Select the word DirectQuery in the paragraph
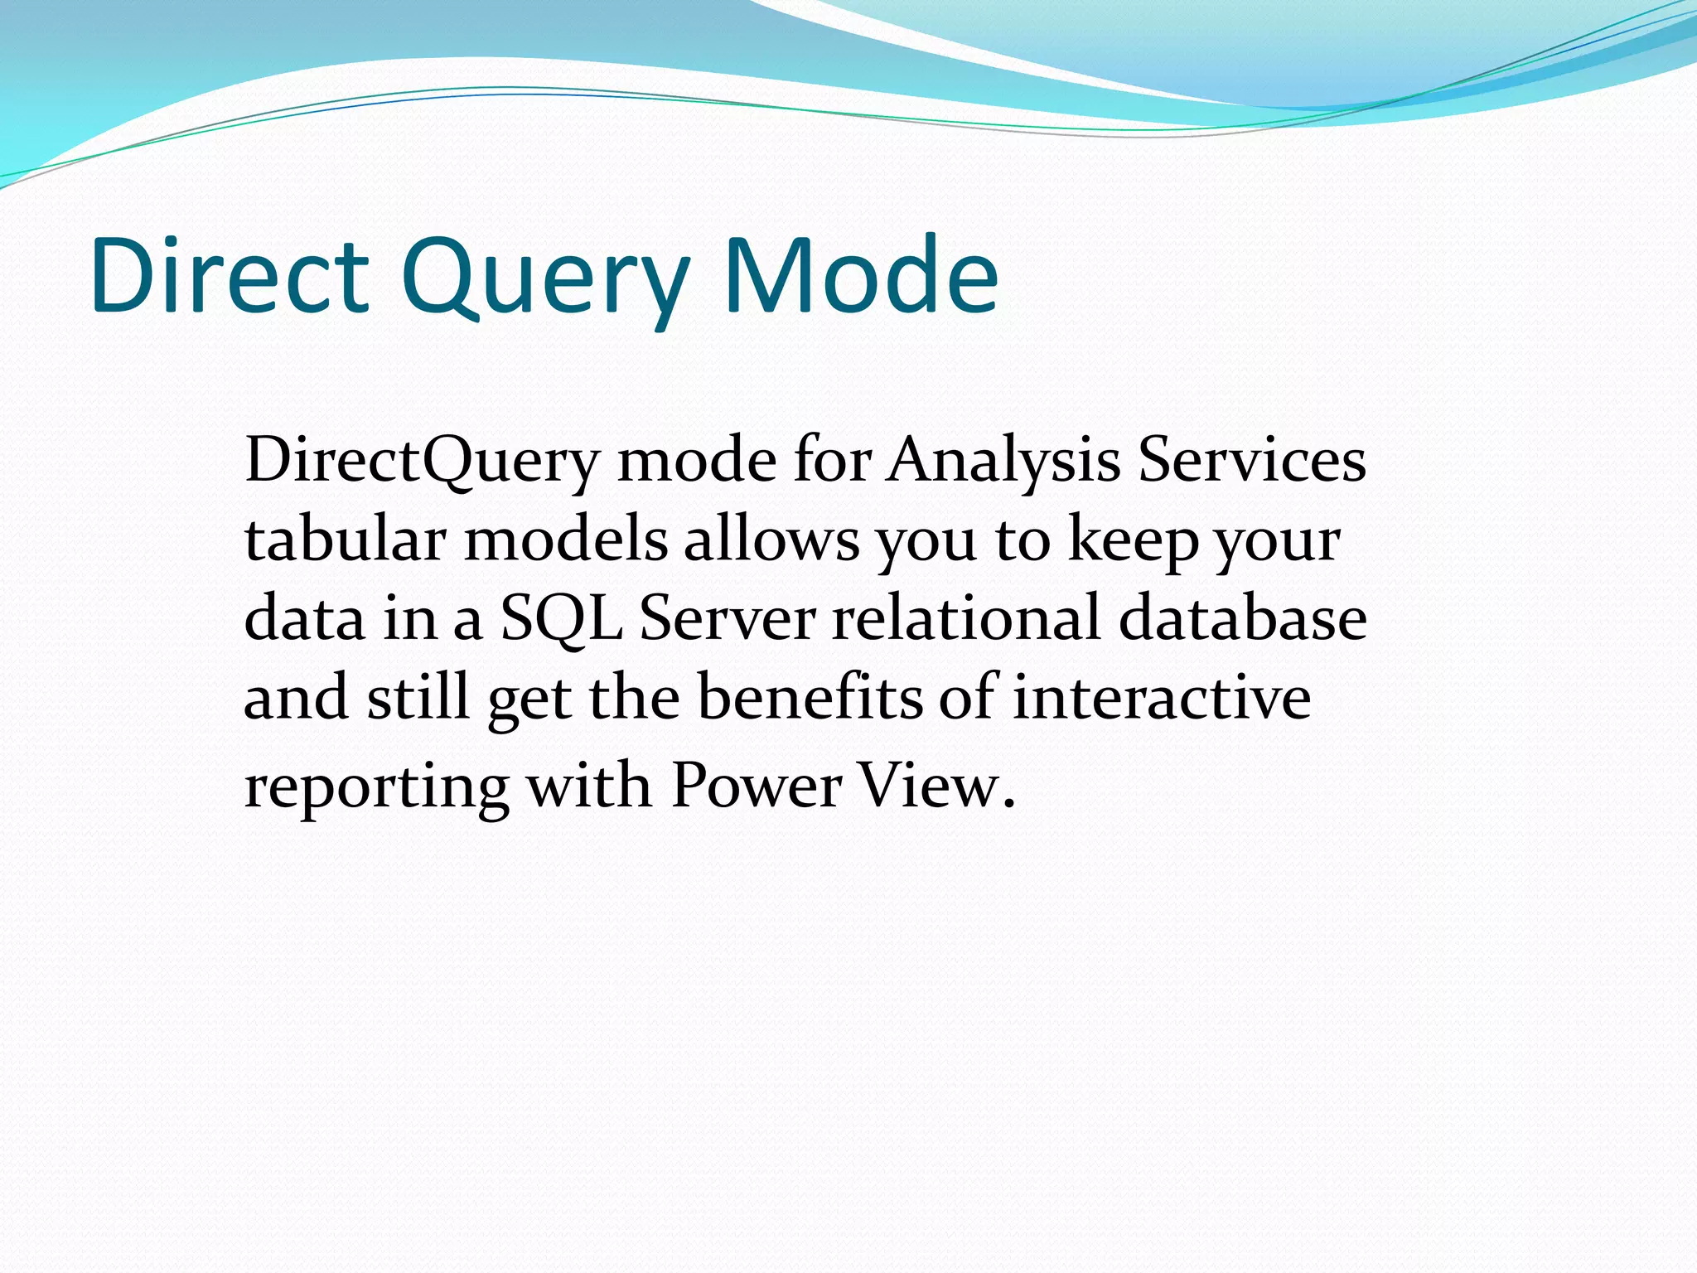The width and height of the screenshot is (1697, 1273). pyautogui.click(x=421, y=461)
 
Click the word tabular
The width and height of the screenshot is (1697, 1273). pyautogui.click(x=345, y=540)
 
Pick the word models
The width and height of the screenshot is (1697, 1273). pyautogui.click(x=566, y=540)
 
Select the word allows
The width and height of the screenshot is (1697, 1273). pyautogui.click(x=771, y=540)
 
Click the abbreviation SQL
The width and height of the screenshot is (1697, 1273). pyautogui.click(x=561, y=619)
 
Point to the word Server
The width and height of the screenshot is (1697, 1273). pyautogui.click(x=727, y=618)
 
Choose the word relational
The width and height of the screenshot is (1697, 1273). pyautogui.click(x=966, y=618)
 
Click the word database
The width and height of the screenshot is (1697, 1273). pyautogui.click(x=1242, y=618)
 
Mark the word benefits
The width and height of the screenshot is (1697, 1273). pyautogui.click(x=810, y=696)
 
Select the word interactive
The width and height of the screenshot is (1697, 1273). pyautogui.click(x=1162, y=696)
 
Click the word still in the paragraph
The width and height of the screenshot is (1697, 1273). pyautogui.click(x=418, y=696)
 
